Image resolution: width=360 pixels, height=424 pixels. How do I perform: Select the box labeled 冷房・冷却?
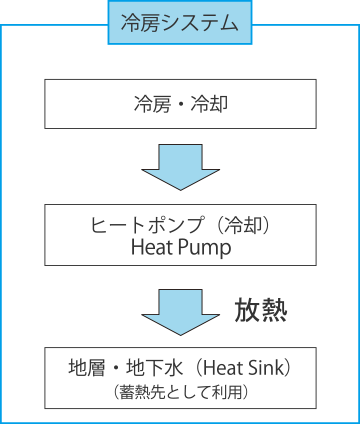tap(181, 103)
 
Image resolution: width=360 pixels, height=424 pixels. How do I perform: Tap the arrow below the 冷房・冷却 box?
tap(181, 166)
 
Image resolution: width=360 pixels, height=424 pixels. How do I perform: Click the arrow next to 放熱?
tap(181, 310)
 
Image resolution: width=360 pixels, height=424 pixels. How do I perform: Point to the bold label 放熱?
tap(261, 310)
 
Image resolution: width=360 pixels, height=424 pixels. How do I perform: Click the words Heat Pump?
tap(181, 247)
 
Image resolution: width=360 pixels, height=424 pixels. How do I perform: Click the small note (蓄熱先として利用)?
tap(181, 392)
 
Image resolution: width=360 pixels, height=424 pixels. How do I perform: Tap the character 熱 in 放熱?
tap(275, 310)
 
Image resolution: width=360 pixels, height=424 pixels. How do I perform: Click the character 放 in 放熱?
tap(248, 310)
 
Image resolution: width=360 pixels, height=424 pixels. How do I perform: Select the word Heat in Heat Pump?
tap(152, 247)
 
